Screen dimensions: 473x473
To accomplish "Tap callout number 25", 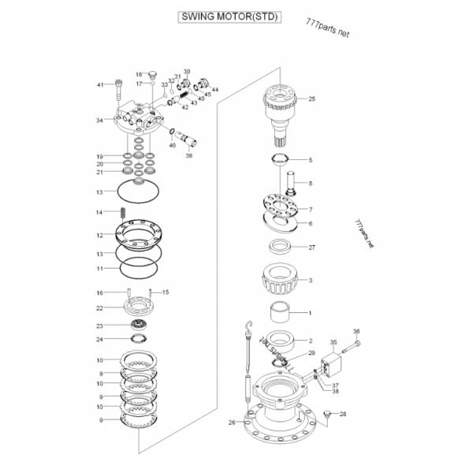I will [x=311, y=99].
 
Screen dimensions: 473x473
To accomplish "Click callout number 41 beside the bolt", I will [x=100, y=84].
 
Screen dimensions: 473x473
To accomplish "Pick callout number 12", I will [x=100, y=235].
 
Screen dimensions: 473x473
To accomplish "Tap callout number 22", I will [x=100, y=307].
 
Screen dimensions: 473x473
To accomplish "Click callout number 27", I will [x=311, y=248].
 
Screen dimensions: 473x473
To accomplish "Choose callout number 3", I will [x=311, y=280].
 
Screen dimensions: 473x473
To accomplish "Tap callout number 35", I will [x=333, y=343].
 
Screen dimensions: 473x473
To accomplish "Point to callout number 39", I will [x=188, y=156].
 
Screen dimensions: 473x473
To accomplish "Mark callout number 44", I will [x=215, y=90].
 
